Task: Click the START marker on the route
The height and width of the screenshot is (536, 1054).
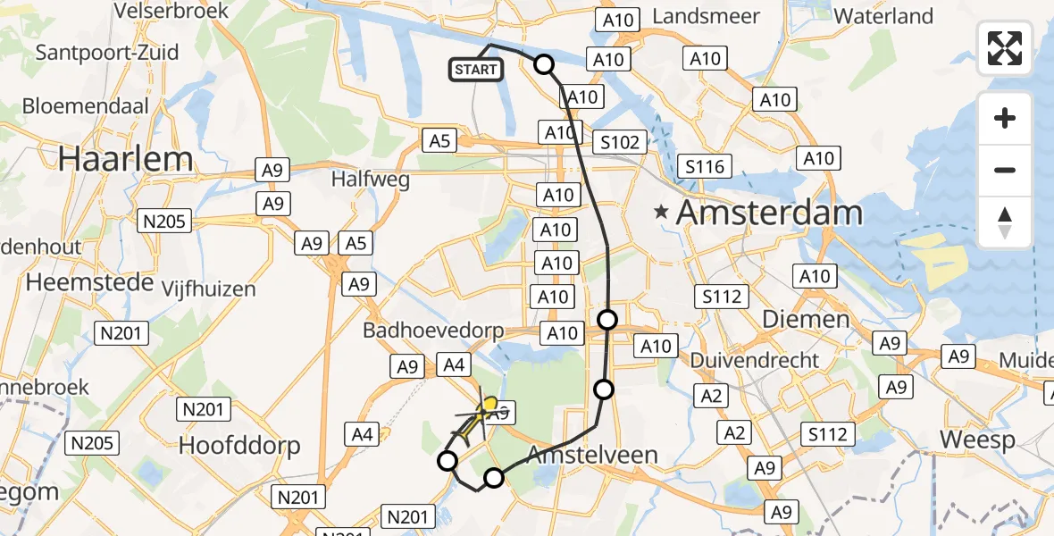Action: click(x=476, y=70)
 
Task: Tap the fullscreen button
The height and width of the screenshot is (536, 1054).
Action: click(x=1005, y=48)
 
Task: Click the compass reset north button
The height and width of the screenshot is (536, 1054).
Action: click(x=1005, y=222)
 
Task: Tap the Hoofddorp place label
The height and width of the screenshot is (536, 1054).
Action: click(x=239, y=445)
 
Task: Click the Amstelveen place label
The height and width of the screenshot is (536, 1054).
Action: click(x=592, y=455)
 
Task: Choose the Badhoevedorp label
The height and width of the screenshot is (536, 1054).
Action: click(x=434, y=331)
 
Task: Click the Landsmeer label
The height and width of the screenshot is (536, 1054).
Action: click(x=707, y=16)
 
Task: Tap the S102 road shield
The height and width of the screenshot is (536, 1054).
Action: click(x=620, y=142)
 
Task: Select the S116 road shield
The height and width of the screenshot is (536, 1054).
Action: click(x=705, y=165)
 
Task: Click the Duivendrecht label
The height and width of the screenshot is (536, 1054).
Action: click(x=755, y=360)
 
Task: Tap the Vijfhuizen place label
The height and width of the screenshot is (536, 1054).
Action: click(x=208, y=289)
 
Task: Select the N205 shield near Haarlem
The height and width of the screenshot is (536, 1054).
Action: click(x=164, y=220)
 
